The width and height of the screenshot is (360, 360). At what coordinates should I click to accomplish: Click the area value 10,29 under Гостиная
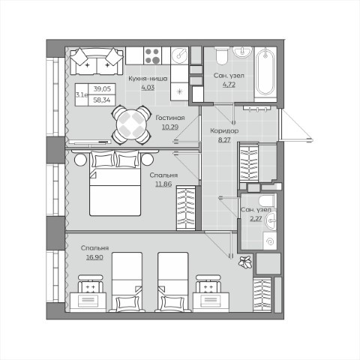170,127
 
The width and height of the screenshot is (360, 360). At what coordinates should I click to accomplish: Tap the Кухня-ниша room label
148,79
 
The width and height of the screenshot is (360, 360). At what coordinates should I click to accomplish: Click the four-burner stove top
153,55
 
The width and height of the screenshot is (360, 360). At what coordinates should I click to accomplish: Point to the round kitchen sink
181,55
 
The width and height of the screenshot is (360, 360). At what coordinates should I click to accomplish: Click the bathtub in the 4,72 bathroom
265,72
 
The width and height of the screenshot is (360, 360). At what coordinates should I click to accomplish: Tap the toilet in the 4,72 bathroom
221,55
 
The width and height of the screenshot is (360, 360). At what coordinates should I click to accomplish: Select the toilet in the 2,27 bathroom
267,200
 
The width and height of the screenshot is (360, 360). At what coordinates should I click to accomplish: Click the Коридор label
224,130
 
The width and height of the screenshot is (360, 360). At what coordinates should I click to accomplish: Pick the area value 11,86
163,184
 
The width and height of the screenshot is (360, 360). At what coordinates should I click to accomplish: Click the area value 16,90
94,257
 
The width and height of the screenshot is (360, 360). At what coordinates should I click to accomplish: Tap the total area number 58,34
102,100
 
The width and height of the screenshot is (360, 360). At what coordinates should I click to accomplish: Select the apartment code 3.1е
82,95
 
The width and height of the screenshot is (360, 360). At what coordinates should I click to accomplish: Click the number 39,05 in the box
102,88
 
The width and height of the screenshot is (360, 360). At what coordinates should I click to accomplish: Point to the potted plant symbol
244,262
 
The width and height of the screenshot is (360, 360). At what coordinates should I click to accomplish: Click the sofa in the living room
97,61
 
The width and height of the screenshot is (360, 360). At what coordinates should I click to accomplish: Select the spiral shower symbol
270,241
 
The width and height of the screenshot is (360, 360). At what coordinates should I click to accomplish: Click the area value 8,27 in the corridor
224,139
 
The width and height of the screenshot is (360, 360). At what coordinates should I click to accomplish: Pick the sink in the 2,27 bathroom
271,220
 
